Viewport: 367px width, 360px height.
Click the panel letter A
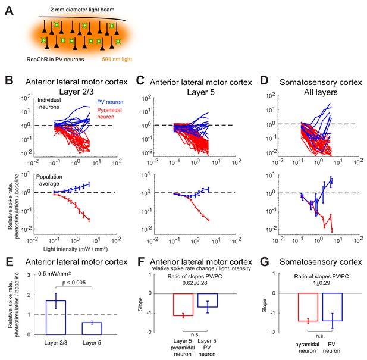(x=9, y=11)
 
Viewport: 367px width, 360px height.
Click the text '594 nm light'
(x=117, y=60)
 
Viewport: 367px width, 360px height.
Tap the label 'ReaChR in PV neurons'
(x=55, y=60)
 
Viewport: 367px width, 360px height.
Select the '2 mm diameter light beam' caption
(x=83, y=10)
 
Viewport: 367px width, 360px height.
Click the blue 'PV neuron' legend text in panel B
(x=110, y=102)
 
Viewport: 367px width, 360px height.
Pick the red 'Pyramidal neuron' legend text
(x=109, y=113)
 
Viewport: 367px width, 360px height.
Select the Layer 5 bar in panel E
(x=92, y=328)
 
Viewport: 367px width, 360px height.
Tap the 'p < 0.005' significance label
(x=74, y=283)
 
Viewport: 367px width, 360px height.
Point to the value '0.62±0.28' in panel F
(x=195, y=283)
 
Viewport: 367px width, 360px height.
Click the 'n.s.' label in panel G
(x=320, y=336)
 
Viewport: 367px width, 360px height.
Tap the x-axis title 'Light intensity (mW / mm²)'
(x=76, y=249)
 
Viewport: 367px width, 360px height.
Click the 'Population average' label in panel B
(x=49, y=180)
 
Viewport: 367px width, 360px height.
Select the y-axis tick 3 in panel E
(x=29, y=275)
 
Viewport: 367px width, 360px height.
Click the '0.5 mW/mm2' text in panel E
(x=55, y=274)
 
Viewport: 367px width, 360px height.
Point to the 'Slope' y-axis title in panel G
(x=264, y=305)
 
